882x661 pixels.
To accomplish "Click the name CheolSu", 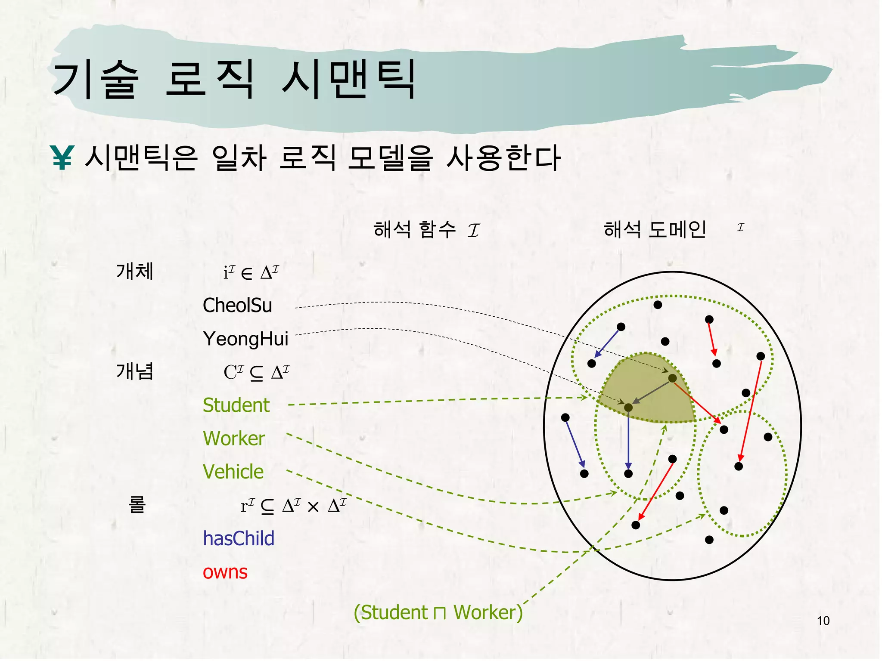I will point(237,306).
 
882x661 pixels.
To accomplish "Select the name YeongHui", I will point(245,339).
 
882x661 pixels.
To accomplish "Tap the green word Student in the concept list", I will point(236,405).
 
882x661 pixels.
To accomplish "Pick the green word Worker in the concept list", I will point(234,439).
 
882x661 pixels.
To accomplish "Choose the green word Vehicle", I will point(233,472).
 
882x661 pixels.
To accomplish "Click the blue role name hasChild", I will point(239,538).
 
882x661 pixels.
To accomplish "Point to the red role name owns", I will point(225,572).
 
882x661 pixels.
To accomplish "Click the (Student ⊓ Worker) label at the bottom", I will point(438,612).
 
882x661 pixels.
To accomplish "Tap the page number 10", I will point(823,621).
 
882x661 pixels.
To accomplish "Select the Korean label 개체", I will point(135,272).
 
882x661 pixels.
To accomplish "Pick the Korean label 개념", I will point(135,371).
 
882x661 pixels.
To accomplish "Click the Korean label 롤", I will point(137,504).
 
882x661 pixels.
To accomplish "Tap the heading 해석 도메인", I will point(655,229).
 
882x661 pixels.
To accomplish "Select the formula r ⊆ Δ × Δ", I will point(293,505).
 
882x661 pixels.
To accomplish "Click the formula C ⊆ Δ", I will point(256,372).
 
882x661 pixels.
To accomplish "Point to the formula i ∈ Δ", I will point(251,272).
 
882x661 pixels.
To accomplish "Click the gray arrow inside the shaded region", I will point(651,392).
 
